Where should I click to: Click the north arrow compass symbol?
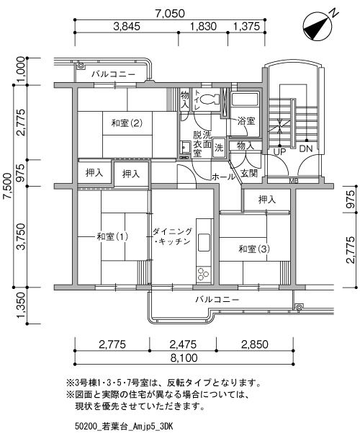tap(318, 26)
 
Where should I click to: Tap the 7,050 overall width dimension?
tap(171, 14)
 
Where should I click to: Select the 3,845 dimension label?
tap(127, 27)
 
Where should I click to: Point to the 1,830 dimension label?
tap(204, 27)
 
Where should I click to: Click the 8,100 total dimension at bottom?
tap(184, 358)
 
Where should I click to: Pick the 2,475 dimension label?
tap(183, 344)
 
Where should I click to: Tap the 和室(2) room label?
tap(127, 123)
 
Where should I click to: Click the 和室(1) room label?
tap(112, 236)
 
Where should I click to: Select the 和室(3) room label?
tap(253, 249)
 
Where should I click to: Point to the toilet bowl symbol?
tap(210, 99)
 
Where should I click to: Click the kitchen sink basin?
tap(204, 242)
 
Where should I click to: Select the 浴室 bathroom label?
tap(246, 121)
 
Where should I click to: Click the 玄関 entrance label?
tap(249, 173)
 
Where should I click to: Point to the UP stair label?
tap(279, 152)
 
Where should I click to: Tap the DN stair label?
tap(306, 148)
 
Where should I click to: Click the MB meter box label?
tap(294, 182)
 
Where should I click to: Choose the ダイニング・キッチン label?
tap(173, 236)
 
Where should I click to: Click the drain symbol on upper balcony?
tap(81, 66)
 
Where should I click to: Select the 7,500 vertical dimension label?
tap(8, 186)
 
